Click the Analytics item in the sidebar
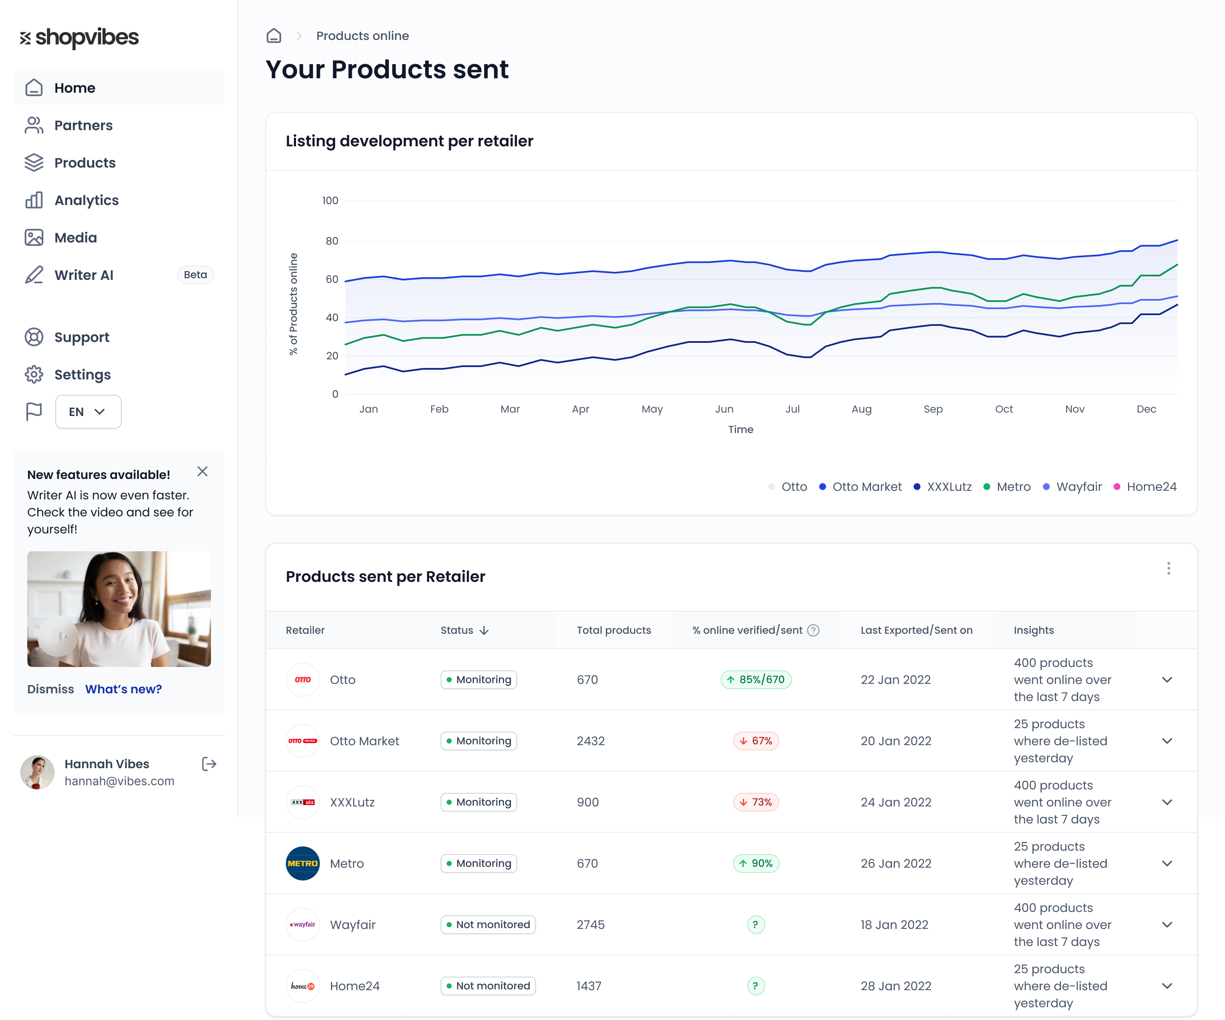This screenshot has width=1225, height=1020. [86, 200]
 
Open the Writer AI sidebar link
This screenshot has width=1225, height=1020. [83, 275]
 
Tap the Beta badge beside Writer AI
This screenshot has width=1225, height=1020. [195, 275]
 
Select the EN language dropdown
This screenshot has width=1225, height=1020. [88, 412]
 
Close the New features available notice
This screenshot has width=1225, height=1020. [202, 471]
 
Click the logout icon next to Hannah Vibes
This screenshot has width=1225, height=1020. [209, 764]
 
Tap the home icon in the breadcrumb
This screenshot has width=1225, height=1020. [273, 36]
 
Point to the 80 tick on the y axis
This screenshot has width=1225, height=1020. [331, 241]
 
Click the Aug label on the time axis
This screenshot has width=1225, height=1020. [861, 409]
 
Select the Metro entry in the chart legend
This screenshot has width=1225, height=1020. [1007, 486]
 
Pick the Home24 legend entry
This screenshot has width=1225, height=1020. [1145, 486]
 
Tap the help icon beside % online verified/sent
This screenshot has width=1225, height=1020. [813, 630]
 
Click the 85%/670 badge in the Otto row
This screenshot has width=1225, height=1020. [756, 679]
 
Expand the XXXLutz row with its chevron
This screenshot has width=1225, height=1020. [1167, 802]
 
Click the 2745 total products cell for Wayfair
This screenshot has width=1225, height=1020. [590, 924]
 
